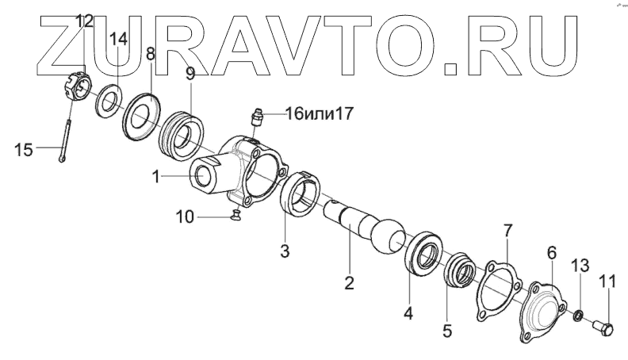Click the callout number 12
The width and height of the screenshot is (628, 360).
pyautogui.click(x=85, y=19)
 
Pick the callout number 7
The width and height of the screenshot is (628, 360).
pyautogui.click(x=508, y=231)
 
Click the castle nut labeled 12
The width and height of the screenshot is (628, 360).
pyautogui.click(x=75, y=86)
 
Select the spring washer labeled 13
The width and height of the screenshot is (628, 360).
pyautogui.click(x=579, y=317)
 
